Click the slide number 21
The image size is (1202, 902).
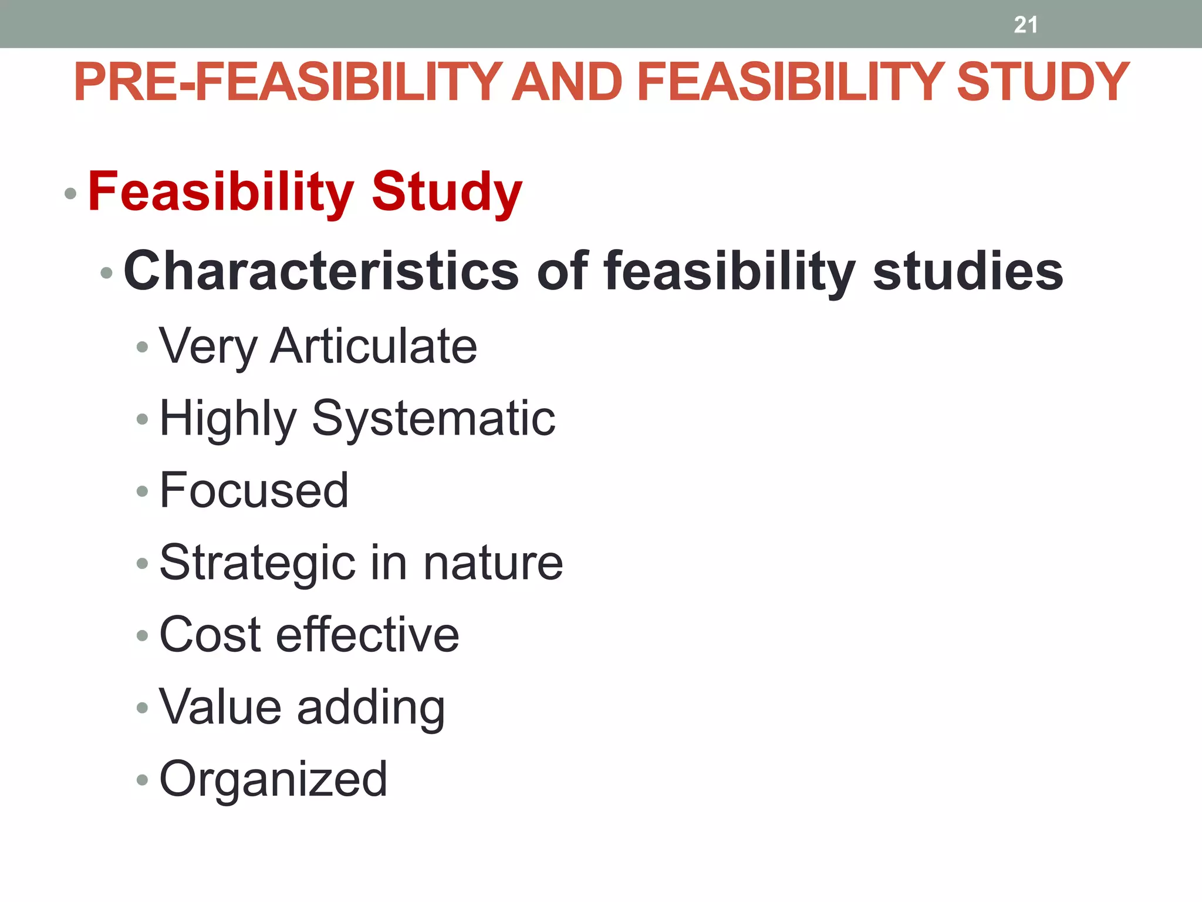(1025, 25)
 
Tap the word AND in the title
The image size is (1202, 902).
(567, 82)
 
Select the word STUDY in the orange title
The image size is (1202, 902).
(1043, 82)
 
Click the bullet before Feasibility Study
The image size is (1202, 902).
(70, 193)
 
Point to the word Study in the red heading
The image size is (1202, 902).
(447, 191)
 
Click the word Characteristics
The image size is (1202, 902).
(321, 271)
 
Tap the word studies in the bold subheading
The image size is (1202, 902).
(968, 271)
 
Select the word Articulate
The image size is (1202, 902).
(373, 346)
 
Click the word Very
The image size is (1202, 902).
(208, 347)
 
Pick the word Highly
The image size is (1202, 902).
(228, 419)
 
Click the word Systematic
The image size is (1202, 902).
(433, 419)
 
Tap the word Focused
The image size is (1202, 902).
(254, 490)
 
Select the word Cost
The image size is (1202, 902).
(210, 635)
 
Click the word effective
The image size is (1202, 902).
(367, 635)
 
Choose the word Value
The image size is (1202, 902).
(220, 707)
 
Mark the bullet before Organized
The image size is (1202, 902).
(142, 780)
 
